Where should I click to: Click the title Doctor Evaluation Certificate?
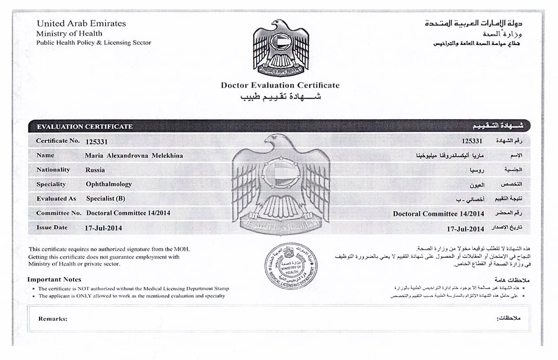[x=280, y=85]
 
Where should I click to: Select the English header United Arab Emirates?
[x=81, y=23]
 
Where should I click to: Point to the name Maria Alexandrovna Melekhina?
[x=134, y=155]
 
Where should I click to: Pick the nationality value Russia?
[x=95, y=170]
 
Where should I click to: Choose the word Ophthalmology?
[x=109, y=184]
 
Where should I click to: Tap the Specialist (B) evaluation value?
[x=106, y=199]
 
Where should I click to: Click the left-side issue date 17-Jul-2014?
[x=103, y=228]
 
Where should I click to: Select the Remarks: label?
[x=53, y=319]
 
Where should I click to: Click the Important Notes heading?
[x=54, y=280]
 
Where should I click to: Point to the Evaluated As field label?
[x=56, y=199]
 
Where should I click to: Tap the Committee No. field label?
[x=59, y=213]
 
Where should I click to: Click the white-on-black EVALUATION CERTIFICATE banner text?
[x=85, y=127]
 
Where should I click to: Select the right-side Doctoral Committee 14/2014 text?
[x=438, y=214]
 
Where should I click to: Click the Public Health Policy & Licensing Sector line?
[x=93, y=43]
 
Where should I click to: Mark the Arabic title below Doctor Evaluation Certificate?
[x=280, y=97]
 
